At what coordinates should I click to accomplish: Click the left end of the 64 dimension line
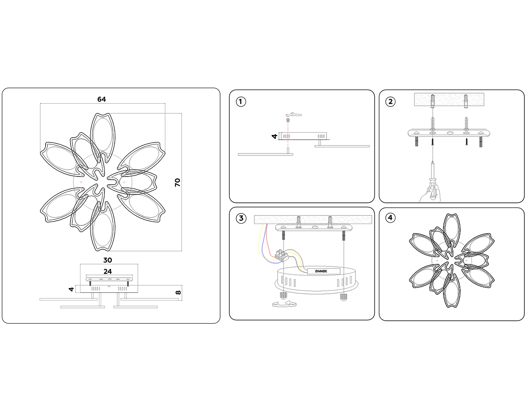coord(40,103)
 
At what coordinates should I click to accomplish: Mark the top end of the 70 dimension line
coord(182,113)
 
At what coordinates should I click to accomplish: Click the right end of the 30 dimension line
coord(138,264)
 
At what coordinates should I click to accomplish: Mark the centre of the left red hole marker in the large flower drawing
coord(81,182)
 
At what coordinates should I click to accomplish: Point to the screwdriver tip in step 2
coord(433,161)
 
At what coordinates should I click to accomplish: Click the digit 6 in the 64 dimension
coord(99,99)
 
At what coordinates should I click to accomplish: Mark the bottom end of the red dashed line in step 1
coord(288,149)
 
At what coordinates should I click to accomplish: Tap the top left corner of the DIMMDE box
coord(308,268)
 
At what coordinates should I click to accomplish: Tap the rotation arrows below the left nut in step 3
coord(284,304)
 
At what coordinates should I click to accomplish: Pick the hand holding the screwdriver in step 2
coord(430,194)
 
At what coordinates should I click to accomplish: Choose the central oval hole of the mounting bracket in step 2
coord(449,133)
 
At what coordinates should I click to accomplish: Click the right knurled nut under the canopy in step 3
coord(343,297)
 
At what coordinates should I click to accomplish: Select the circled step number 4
coord(390,217)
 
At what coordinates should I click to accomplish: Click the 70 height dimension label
coord(177,183)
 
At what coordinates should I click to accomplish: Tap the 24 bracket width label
coord(108,271)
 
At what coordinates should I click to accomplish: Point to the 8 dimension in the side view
coord(178,292)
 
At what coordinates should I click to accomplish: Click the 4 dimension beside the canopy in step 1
coord(274,136)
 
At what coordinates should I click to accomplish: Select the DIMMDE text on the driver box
coord(321,271)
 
